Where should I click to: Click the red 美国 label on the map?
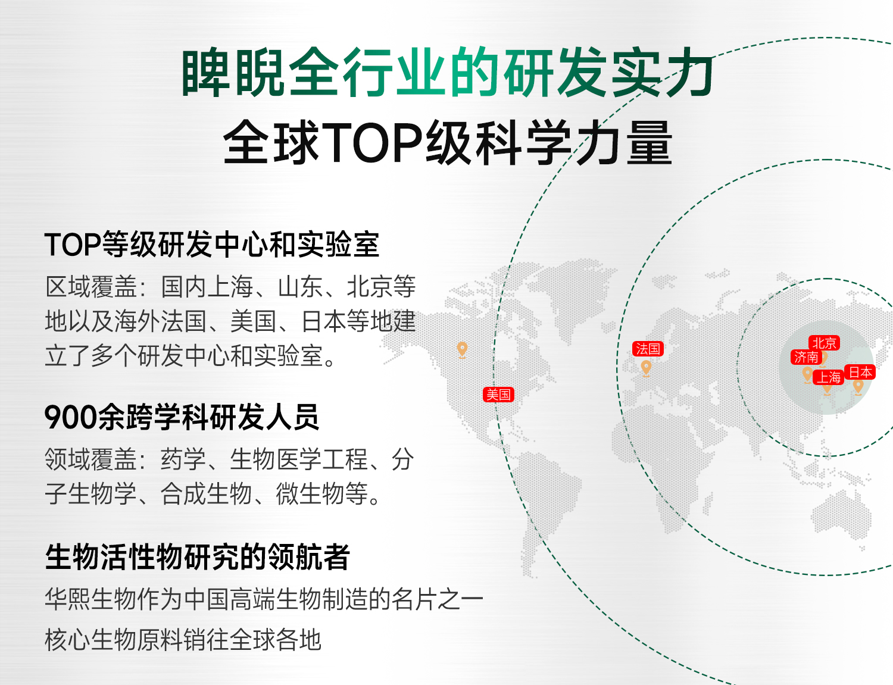click(498, 394)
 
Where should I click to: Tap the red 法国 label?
click(648, 349)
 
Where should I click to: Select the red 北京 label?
click(824, 343)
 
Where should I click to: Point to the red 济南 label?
click(806, 357)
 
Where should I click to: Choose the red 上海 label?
click(828, 377)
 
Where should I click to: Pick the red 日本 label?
click(860, 372)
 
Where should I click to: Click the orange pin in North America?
click(463, 350)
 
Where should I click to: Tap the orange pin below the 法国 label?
click(646, 368)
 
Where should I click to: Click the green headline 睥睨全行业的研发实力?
click(448, 73)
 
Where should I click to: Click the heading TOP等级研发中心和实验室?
click(211, 245)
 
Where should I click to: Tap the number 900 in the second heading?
click(71, 417)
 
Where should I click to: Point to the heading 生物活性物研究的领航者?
click(197, 557)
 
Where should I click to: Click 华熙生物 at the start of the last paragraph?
click(91, 599)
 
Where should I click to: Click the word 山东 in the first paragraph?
click(301, 287)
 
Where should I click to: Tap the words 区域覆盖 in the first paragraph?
click(91, 287)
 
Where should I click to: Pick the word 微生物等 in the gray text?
click(321, 493)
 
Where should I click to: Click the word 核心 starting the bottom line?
click(67, 640)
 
